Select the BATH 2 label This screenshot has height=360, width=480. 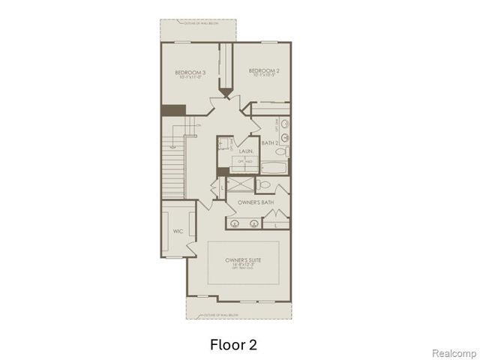[270, 142]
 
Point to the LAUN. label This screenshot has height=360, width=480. [244, 150]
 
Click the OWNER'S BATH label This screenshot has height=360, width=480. [253, 202]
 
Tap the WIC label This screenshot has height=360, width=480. [178, 231]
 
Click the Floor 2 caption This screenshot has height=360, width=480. [234, 344]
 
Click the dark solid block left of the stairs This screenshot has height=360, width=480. [169, 110]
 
